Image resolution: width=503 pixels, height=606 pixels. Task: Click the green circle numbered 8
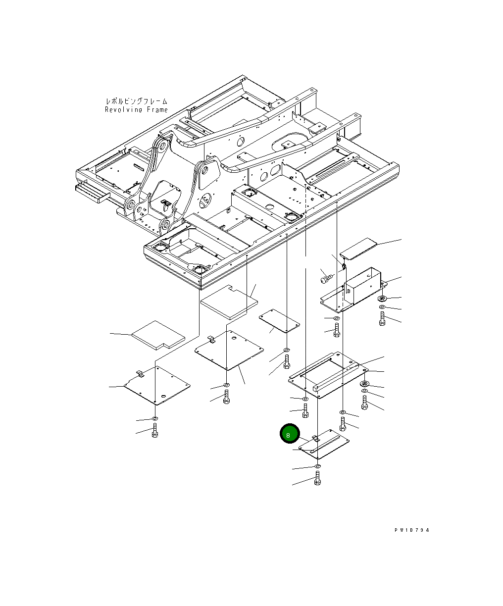[x=290, y=434]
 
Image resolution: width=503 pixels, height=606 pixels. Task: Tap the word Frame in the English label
[x=157, y=110]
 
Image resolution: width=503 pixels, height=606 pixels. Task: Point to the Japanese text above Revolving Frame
[x=137, y=101]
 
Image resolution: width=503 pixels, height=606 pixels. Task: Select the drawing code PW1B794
[x=411, y=530]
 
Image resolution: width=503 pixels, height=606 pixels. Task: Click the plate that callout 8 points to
[x=324, y=444]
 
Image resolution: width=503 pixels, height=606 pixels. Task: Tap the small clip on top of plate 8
[x=315, y=438]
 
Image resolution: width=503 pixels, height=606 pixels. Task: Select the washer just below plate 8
[x=318, y=466]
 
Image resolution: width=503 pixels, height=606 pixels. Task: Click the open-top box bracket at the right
[x=353, y=290]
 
